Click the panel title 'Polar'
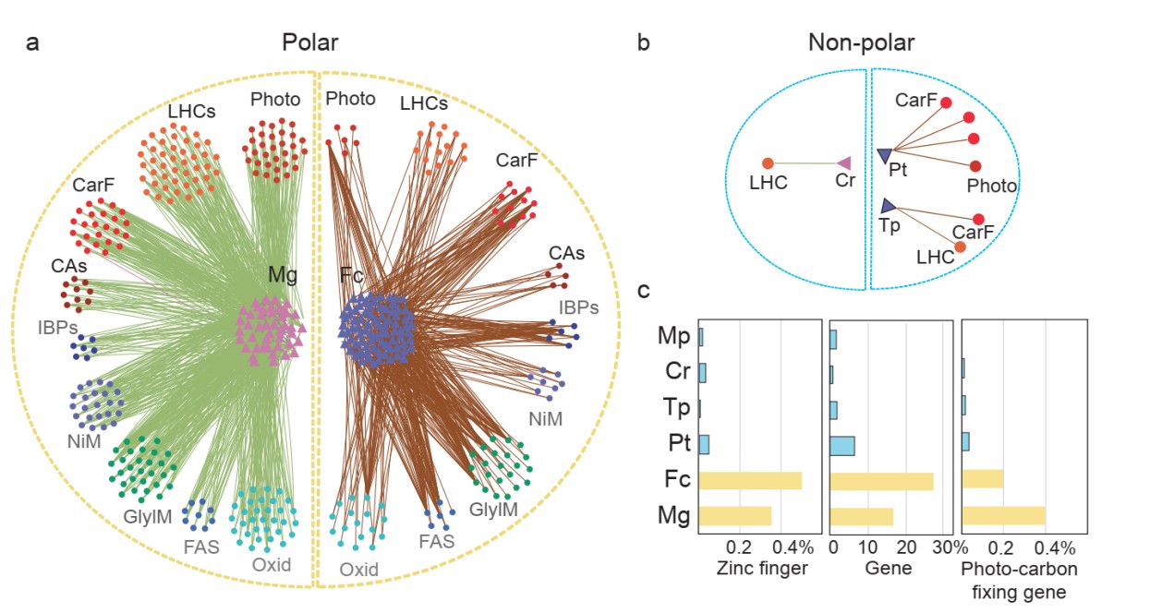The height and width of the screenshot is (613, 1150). pos(310,42)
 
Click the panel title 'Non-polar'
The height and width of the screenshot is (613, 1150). pos(861,42)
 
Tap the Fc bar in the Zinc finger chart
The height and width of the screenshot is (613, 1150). pos(750,481)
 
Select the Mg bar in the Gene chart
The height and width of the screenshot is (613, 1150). pos(862,516)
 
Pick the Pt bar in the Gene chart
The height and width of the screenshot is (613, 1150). pos(842,446)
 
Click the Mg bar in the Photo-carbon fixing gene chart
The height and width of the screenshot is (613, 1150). pos(1003,516)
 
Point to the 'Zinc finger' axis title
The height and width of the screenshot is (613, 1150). pos(762,569)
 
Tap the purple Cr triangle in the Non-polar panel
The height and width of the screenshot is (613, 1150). pos(842,163)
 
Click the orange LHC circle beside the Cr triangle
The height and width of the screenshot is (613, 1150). pos(768,163)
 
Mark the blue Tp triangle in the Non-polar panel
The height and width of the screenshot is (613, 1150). pos(888,206)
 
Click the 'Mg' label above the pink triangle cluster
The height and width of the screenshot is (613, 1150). pos(282,274)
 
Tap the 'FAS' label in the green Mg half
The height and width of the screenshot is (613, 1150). pos(200,546)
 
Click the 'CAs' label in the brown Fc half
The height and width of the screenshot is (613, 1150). pos(566,252)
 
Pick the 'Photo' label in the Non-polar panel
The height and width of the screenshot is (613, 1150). pos(991,186)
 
